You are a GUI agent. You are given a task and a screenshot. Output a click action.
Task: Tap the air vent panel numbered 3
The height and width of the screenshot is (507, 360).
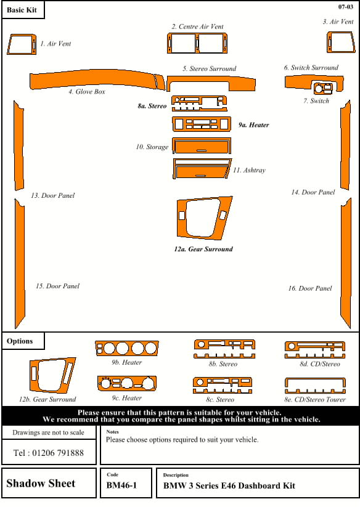pos(337,43)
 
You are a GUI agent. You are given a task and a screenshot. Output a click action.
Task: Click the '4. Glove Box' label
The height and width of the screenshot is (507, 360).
pos(87,92)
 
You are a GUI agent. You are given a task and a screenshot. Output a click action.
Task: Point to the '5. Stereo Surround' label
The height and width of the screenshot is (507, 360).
pos(209,69)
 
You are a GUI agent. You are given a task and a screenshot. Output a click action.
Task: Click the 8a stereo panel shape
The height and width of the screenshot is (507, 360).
pos(198,102)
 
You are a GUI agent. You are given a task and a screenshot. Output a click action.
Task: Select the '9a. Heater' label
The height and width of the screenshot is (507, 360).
pos(254,125)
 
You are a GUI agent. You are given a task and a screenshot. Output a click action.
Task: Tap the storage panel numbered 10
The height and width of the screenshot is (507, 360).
pos(202,146)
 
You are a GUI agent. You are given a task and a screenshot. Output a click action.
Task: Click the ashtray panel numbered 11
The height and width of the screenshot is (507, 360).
pos(202,168)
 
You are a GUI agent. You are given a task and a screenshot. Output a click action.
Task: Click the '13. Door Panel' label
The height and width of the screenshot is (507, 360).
pos(53,196)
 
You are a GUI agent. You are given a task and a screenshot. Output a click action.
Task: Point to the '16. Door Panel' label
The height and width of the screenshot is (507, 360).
pos(310,288)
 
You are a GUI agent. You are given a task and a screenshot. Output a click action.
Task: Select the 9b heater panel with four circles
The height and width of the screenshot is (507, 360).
pos(126,349)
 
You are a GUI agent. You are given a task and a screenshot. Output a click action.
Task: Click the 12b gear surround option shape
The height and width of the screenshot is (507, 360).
pos(52,375)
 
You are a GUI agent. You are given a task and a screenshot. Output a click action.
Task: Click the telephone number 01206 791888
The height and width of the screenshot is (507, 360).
pos(49,453)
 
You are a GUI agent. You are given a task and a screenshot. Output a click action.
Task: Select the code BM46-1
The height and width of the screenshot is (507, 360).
pos(121,486)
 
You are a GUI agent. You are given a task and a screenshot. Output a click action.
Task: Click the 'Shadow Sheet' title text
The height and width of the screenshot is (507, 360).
pos(41,484)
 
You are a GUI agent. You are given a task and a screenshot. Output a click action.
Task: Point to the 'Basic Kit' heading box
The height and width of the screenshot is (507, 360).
pos(22,10)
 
